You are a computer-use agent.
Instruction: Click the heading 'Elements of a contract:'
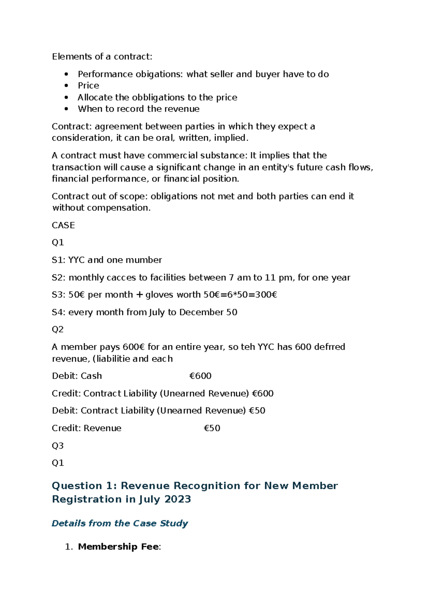tap(102, 57)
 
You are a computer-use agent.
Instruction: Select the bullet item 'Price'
tap(88, 86)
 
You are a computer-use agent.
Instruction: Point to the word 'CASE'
tap(63, 225)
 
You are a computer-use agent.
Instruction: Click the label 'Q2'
tap(58, 329)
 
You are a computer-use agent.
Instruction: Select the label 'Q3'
tap(58, 446)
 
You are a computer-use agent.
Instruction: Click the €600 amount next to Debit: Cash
tap(200, 376)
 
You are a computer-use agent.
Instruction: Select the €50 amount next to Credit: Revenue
tap(212, 428)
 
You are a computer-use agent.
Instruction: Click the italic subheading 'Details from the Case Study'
tap(120, 523)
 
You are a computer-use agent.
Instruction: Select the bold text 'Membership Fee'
tap(118, 547)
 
